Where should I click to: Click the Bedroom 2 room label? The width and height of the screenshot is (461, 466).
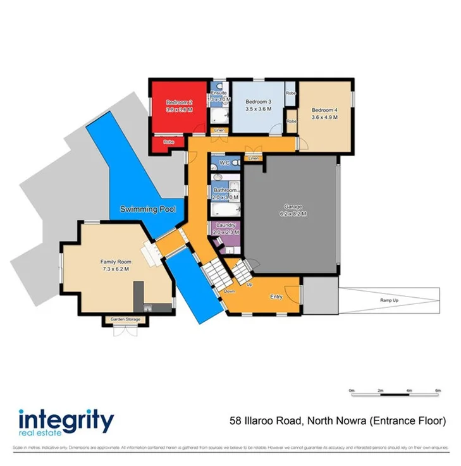[179, 102]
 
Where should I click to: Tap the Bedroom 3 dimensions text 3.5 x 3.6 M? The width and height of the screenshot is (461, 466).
[258, 109]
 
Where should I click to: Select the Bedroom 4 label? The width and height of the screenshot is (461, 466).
[324, 109]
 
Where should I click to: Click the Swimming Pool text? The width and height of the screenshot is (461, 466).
[148, 209]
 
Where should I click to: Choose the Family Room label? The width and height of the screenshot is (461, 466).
[114, 261]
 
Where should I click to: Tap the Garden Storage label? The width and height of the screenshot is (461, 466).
[125, 319]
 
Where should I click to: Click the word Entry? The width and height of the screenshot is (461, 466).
[276, 297]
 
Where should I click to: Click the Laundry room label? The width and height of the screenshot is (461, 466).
[226, 225]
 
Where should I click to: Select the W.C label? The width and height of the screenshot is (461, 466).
[223, 163]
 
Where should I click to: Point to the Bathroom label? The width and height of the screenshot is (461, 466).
[225, 190]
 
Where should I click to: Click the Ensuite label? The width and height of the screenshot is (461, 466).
[219, 93]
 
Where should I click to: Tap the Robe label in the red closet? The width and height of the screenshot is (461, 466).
[168, 142]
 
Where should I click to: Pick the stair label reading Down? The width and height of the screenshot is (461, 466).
[229, 291]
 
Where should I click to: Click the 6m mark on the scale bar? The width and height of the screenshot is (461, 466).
[438, 391]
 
